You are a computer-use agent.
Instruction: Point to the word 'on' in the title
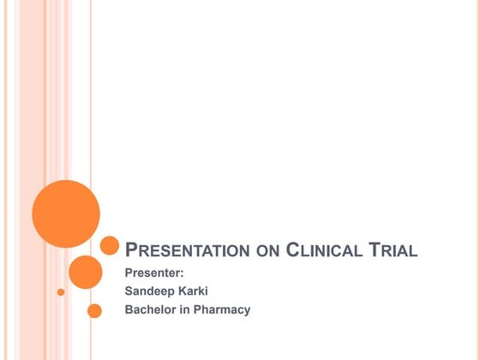[x=267, y=252]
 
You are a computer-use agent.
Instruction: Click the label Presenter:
[x=155, y=274]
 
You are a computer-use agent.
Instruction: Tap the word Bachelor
[x=153, y=309]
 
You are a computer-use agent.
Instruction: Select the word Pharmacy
[x=221, y=310]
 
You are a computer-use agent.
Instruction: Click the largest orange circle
[x=66, y=213]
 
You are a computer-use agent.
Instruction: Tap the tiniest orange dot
[x=61, y=292]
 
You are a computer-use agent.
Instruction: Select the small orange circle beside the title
[x=110, y=246]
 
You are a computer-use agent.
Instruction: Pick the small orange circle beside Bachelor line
[x=94, y=310]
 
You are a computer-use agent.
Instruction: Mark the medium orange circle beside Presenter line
[x=85, y=272]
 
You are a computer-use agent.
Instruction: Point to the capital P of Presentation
[x=132, y=250]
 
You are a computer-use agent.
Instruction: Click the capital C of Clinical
[x=292, y=250]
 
